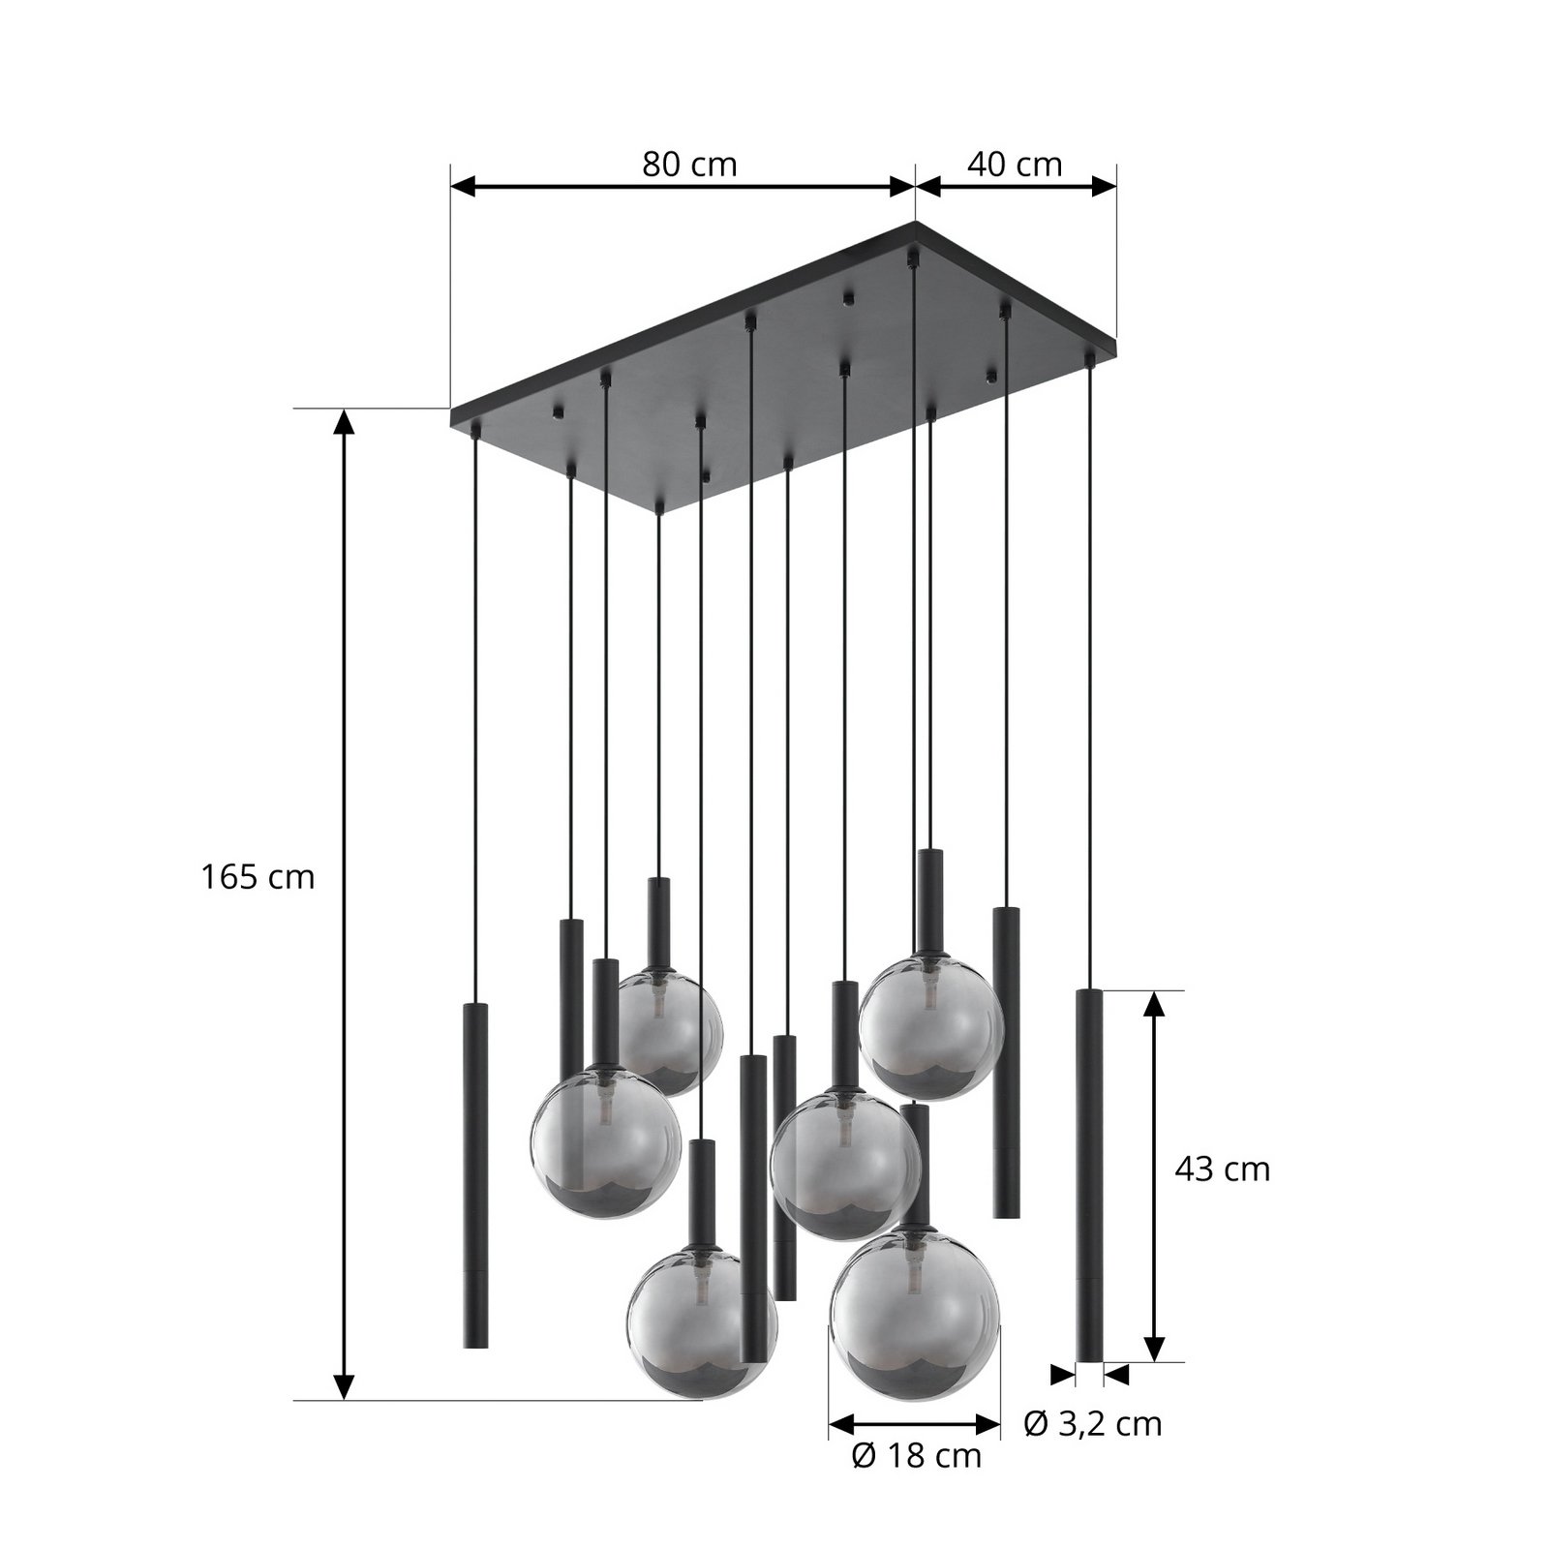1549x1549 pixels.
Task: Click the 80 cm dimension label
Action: click(689, 165)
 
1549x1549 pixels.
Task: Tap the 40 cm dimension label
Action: click(1015, 165)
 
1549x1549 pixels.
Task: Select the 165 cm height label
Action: click(258, 877)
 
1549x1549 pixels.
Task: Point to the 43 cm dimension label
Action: click(1222, 1169)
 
